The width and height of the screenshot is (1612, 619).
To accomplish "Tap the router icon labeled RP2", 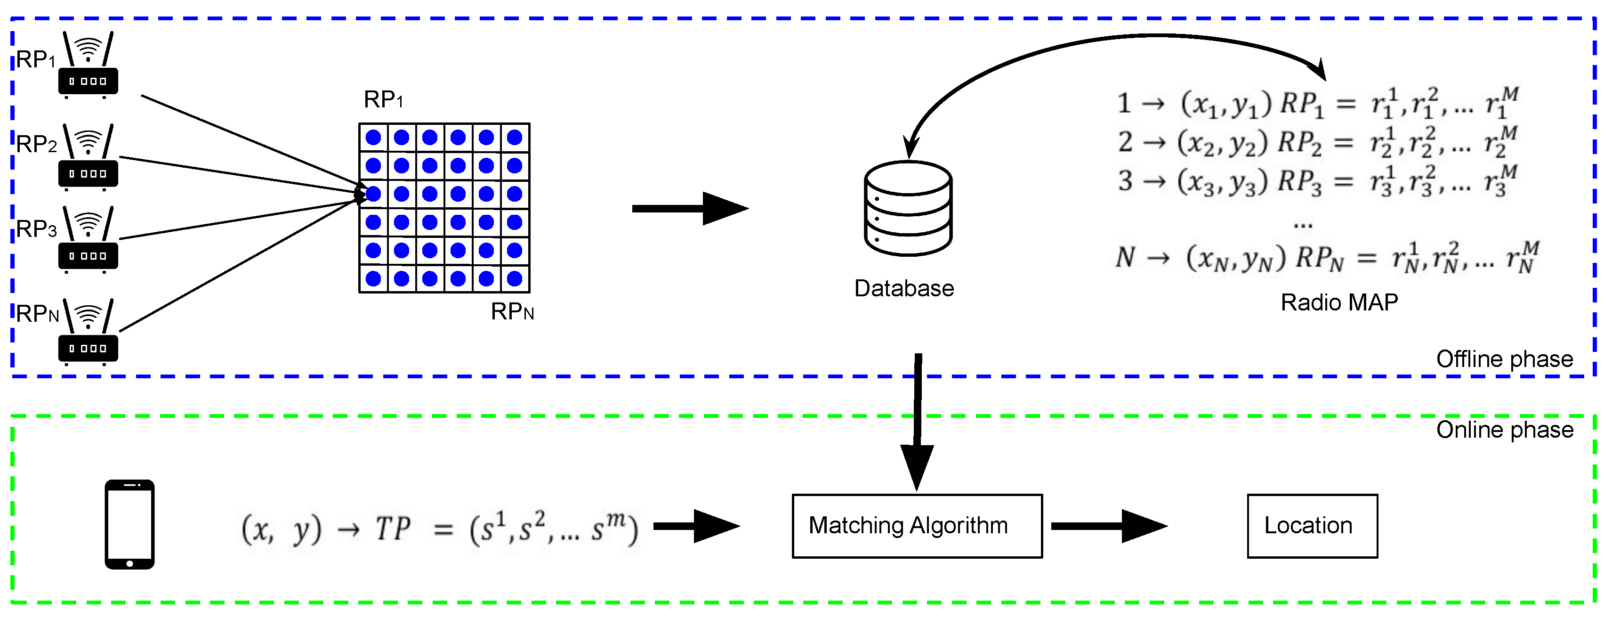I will (88, 158).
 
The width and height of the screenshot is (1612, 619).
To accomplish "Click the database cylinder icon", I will (908, 208).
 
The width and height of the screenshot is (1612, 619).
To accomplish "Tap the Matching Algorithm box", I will (917, 526).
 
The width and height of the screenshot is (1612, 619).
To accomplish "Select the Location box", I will (1312, 526).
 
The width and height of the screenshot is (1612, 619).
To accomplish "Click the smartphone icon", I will (129, 524).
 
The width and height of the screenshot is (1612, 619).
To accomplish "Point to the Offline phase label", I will (1504, 359).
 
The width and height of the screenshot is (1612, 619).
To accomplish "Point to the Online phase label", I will (1504, 430).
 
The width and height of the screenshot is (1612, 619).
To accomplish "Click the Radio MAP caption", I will (1338, 303).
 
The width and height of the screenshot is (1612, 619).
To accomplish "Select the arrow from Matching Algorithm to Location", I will (1108, 526).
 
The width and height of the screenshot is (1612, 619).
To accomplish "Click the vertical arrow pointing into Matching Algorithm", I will (918, 425).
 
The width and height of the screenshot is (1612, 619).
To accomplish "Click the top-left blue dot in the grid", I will (374, 138).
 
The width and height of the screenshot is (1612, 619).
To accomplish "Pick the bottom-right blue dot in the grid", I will (515, 278).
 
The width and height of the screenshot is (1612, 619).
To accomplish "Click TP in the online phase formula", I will (393, 529).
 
